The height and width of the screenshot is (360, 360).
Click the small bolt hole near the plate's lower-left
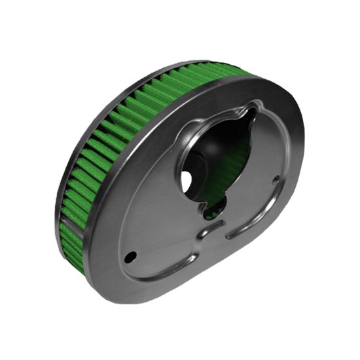point(132,255)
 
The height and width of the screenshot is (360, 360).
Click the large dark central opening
point(209,157)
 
